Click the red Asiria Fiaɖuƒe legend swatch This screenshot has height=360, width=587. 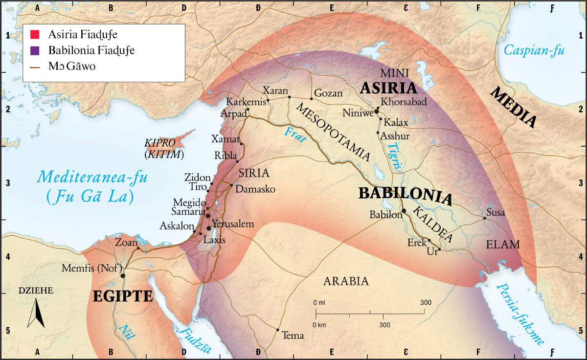coord(34,35)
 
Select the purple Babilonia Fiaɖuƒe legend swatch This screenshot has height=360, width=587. coord(34,50)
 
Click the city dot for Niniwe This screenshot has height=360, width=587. coord(377,112)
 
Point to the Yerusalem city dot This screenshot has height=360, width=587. coord(209,228)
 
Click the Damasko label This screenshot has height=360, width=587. coord(255,189)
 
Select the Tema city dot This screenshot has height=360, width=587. coord(278,330)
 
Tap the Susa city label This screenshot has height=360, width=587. coord(495,213)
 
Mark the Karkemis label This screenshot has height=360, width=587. coord(245,102)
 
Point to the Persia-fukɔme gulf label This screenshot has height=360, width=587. coord(521,314)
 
